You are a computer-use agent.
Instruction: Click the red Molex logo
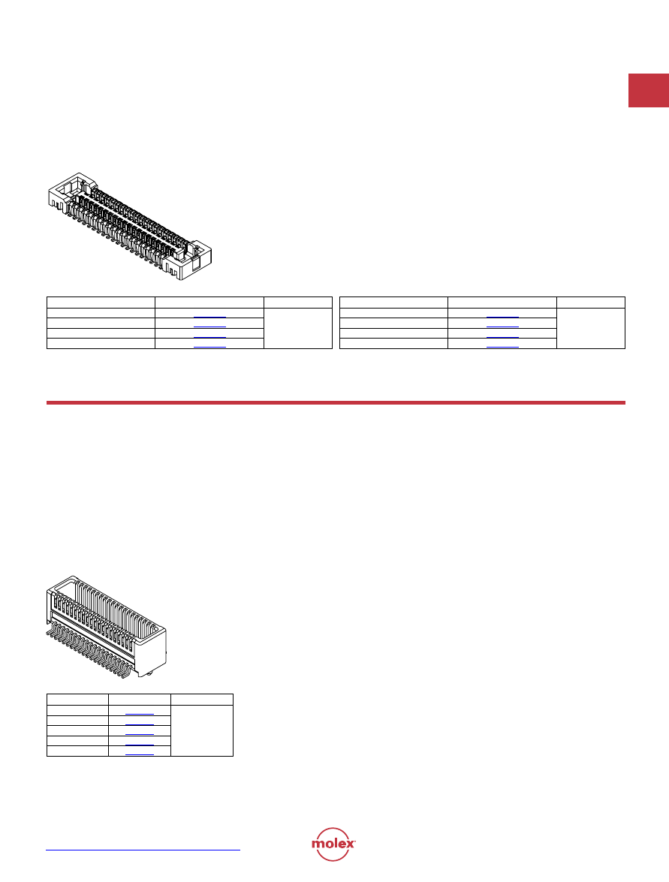[333, 844]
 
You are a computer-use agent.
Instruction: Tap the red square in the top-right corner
[649, 90]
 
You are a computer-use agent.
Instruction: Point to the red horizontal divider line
[336, 403]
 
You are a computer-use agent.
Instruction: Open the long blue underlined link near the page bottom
[143, 850]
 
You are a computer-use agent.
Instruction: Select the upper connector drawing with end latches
[130, 227]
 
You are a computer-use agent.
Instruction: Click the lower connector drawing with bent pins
[107, 626]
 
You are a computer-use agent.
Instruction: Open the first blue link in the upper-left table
[210, 318]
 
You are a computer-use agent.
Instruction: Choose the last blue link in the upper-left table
[210, 347]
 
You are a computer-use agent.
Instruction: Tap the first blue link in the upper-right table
[502, 318]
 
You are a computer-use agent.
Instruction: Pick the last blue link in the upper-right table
[502, 347]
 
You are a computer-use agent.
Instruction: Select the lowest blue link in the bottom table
[140, 754]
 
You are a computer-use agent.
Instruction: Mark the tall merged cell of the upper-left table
[298, 329]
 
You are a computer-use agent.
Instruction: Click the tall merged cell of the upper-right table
[591, 329]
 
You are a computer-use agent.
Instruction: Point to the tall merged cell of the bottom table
[202, 730]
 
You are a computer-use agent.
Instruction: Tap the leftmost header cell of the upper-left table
[101, 303]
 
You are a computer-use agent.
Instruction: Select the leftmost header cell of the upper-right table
[394, 303]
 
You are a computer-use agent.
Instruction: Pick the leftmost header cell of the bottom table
[77, 700]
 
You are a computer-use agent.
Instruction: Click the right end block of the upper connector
[188, 261]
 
